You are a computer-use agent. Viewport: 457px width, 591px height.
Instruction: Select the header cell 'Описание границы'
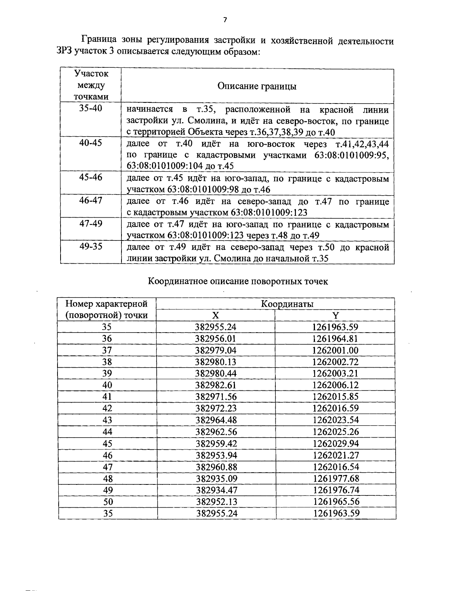pos(257,86)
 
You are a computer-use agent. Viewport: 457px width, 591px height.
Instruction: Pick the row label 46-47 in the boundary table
pos(91,200)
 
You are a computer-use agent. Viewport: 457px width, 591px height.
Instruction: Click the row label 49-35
pos(91,246)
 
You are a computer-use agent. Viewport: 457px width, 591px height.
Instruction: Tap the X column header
pos(216,315)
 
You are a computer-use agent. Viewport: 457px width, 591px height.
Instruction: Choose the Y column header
pos(335,315)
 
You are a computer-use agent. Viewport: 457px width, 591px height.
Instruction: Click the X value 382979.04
pos(216,350)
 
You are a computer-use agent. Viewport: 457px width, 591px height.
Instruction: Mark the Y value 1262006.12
pos(335,385)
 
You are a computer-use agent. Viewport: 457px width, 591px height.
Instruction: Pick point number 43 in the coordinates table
pos(107,420)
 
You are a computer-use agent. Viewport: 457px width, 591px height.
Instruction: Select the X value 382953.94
pos(216,455)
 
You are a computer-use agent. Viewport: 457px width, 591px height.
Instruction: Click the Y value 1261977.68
pos(336,478)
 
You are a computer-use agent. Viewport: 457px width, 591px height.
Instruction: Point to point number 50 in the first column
pos(108,502)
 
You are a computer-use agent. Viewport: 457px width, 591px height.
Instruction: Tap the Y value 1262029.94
pos(336,443)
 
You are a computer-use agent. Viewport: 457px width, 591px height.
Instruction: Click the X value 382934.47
pos(216,490)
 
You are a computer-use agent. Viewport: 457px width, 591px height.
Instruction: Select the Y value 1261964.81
pos(335,339)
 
